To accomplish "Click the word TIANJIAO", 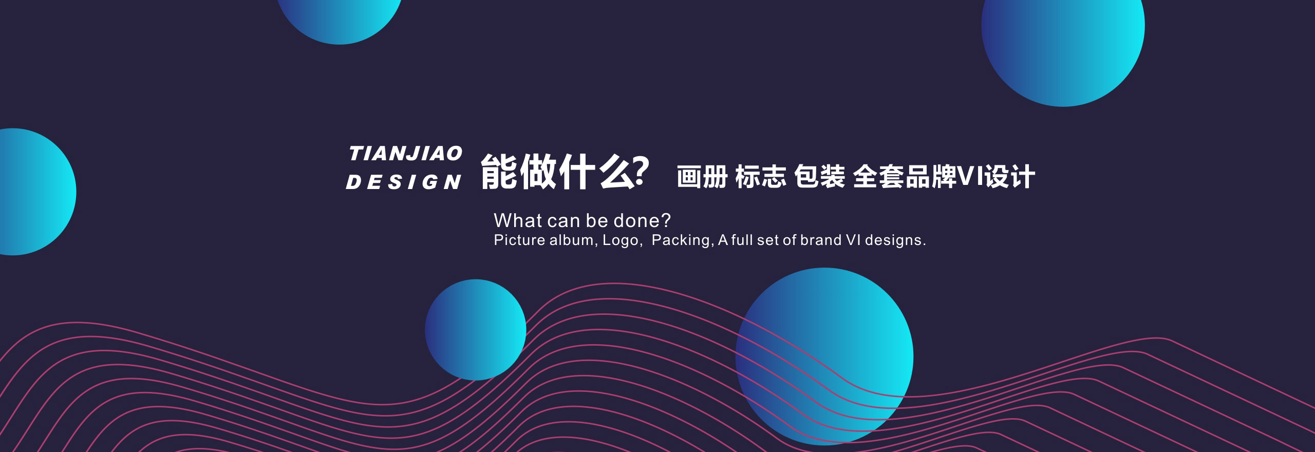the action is click(x=406, y=154).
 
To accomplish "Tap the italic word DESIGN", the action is click(x=404, y=182).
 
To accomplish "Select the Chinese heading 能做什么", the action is click(x=557, y=172).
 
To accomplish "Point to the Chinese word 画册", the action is click(x=702, y=177).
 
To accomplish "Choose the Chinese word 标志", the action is click(x=761, y=177).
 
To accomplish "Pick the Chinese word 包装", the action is click(x=819, y=177).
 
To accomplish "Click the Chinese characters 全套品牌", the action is click(x=905, y=177).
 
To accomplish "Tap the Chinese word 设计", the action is click(x=1010, y=177).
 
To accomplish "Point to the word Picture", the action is click(x=519, y=240).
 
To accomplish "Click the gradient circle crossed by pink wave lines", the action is click(x=824, y=356).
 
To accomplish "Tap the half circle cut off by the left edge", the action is click(x=36, y=192).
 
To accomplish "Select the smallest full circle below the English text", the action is click(x=475, y=330).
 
